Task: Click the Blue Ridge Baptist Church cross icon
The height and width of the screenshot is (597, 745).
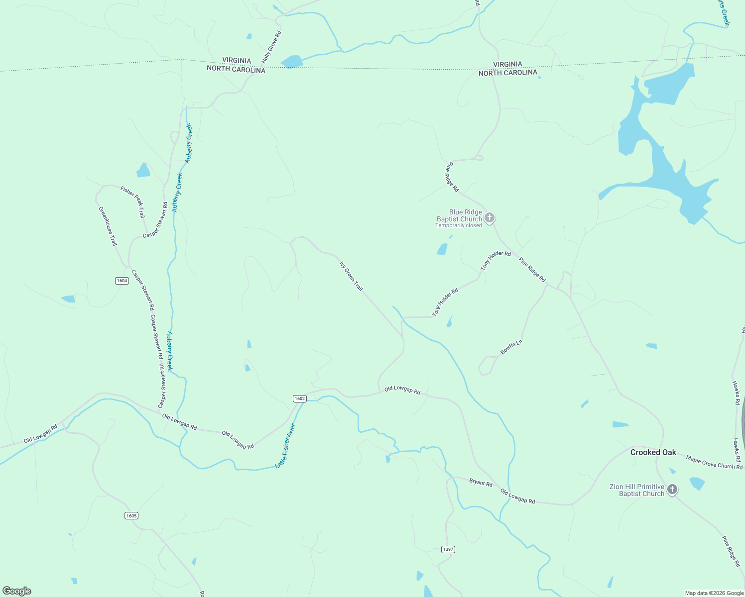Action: click(x=490, y=218)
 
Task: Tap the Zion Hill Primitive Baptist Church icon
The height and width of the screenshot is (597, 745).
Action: click(x=672, y=490)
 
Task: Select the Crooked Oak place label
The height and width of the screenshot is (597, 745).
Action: click(x=653, y=452)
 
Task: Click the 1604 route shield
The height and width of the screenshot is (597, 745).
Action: click(x=122, y=281)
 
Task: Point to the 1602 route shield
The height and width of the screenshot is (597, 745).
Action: click(x=299, y=398)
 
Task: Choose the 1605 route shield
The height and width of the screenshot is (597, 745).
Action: click(x=131, y=515)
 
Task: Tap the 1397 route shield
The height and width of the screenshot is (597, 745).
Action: click(x=448, y=549)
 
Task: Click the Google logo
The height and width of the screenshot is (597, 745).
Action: click(x=17, y=591)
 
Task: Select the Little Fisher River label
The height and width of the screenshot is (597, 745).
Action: click(x=286, y=446)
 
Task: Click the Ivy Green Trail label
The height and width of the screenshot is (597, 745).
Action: click(x=351, y=276)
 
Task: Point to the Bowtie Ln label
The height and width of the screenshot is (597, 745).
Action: click(x=511, y=347)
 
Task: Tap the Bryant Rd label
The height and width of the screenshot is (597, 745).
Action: click(x=481, y=483)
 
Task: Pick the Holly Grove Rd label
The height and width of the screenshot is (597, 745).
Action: click(x=272, y=47)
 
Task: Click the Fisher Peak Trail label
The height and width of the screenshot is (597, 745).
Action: click(x=132, y=201)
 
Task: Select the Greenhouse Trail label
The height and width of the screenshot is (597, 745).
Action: click(x=108, y=226)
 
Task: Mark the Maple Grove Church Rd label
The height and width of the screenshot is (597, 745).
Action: click(x=714, y=462)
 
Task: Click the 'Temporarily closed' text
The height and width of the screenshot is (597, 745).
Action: click(x=459, y=226)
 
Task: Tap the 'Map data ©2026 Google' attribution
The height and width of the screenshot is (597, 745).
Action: click(x=714, y=593)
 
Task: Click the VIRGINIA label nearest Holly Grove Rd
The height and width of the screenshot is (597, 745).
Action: click(x=237, y=60)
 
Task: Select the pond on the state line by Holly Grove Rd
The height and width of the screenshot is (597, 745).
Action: click(x=292, y=62)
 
